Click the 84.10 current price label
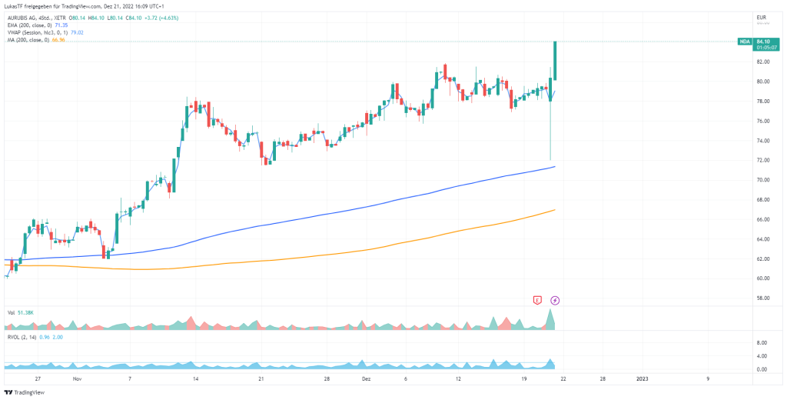762,42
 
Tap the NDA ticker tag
744,42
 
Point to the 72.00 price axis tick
762,160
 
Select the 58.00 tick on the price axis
762,298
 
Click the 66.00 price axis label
762,219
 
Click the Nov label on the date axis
76,379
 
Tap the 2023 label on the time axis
642,379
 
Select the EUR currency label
762,17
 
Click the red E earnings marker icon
538,299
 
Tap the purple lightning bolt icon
555,299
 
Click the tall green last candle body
555,60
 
